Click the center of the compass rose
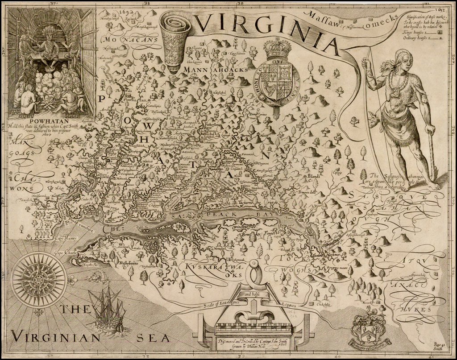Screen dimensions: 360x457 coord(38,280)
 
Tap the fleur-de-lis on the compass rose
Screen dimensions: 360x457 coord(70,280)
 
